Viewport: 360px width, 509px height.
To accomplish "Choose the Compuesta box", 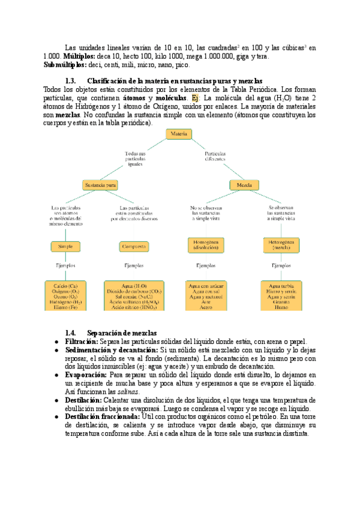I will click(134, 246).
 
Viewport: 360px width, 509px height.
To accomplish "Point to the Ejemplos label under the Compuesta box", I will click(134, 265).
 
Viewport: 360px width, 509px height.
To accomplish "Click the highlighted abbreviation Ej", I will click(195, 98).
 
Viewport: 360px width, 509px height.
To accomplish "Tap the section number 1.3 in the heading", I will click(69, 81).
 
